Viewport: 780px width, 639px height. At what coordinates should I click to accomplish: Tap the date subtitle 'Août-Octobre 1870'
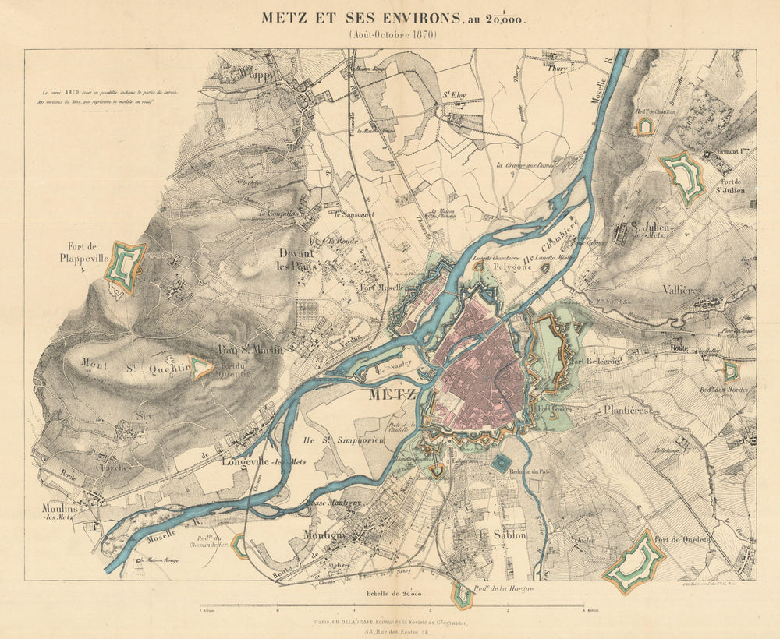[x=393, y=35]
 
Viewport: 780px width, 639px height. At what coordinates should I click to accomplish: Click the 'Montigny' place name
[x=326, y=536]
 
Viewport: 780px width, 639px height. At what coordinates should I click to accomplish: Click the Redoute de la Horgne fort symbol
[x=462, y=596]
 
